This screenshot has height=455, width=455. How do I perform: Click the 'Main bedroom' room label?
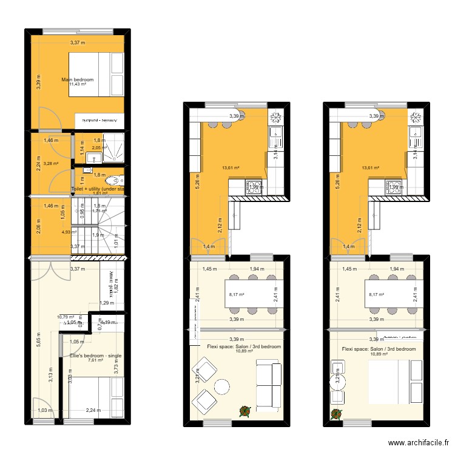(78, 79)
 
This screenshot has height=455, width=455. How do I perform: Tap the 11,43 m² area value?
(78, 85)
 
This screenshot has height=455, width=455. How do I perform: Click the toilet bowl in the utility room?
(113, 180)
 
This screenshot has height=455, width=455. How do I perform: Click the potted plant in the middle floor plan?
(244, 411)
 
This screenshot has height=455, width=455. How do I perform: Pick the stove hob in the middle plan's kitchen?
(253, 187)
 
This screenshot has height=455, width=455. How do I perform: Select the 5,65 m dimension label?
(38, 339)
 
